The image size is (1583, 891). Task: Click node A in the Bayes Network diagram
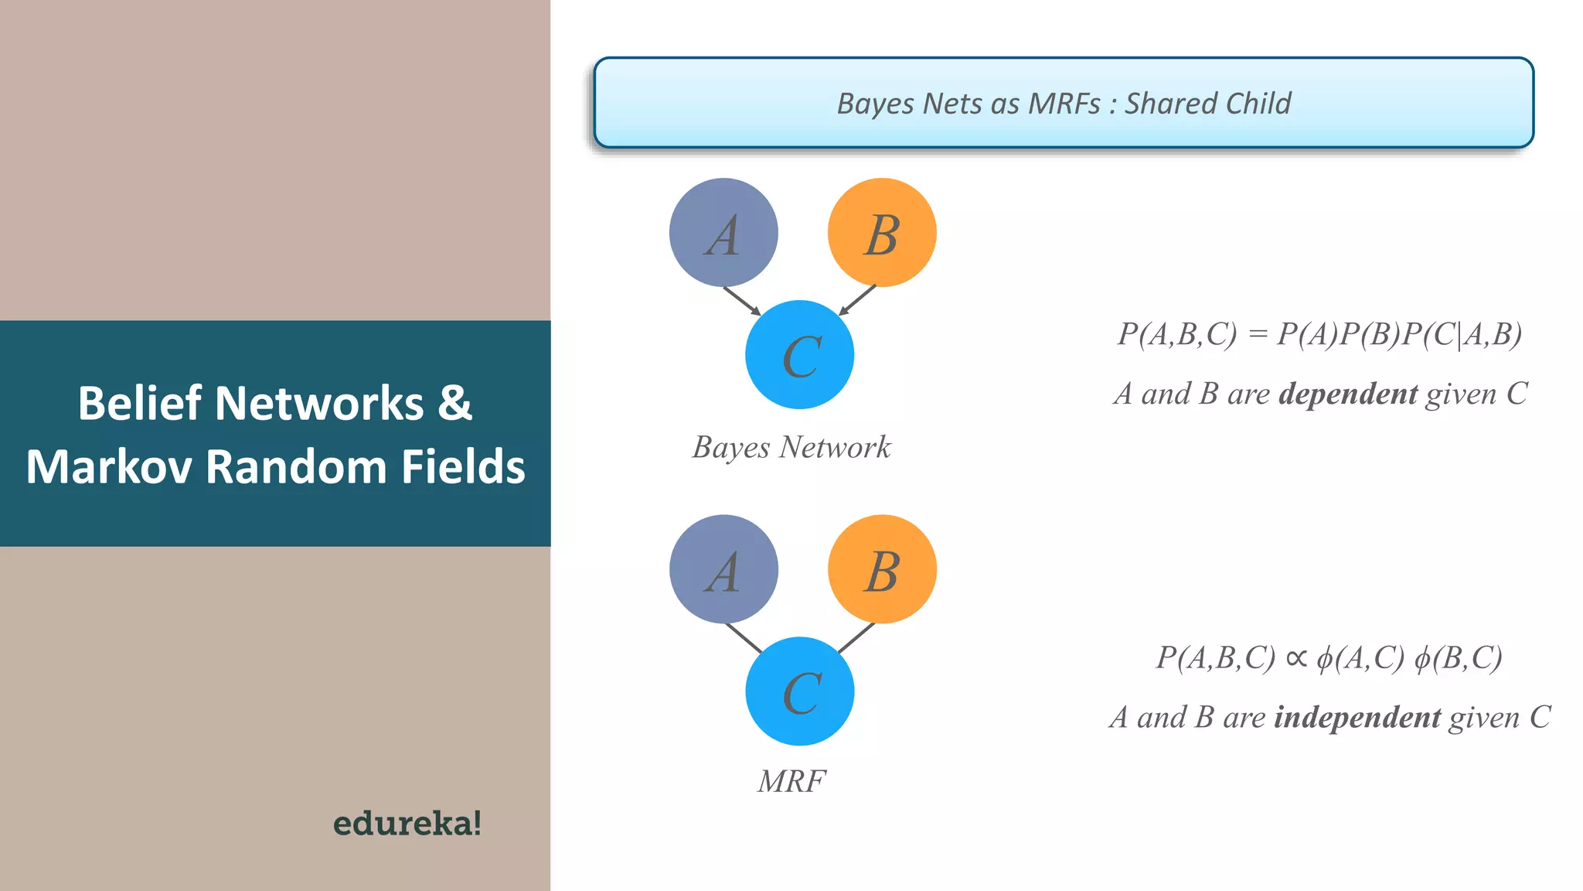click(723, 233)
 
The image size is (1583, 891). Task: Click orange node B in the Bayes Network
click(882, 233)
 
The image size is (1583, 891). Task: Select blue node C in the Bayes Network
click(800, 355)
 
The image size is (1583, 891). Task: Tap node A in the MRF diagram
click(723, 569)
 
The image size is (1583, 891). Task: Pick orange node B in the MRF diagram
click(882, 569)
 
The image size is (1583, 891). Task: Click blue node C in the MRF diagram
click(800, 691)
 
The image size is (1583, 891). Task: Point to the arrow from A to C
click(742, 301)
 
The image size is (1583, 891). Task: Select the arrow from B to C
click(857, 300)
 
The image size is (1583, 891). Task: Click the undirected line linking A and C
click(744, 638)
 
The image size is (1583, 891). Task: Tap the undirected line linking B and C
click(856, 637)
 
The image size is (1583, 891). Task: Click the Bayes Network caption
click(791, 447)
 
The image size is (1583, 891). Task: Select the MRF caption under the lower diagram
click(791, 781)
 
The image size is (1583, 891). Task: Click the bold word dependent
click(1348, 394)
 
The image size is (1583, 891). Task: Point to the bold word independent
click(1357, 718)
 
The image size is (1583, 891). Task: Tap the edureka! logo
click(407, 823)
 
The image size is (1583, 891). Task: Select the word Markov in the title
click(108, 467)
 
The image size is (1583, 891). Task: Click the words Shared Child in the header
click(1207, 104)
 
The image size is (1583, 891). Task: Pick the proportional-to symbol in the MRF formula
click(1296, 658)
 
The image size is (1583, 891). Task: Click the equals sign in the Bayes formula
click(1258, 334)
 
